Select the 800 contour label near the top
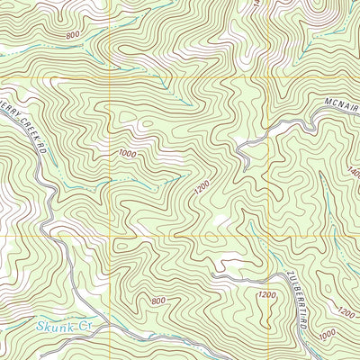pos(71,34)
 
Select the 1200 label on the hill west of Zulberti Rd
pos(265,295)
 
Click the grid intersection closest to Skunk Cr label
pos(109,236)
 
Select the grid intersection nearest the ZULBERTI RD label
pos(269,236)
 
